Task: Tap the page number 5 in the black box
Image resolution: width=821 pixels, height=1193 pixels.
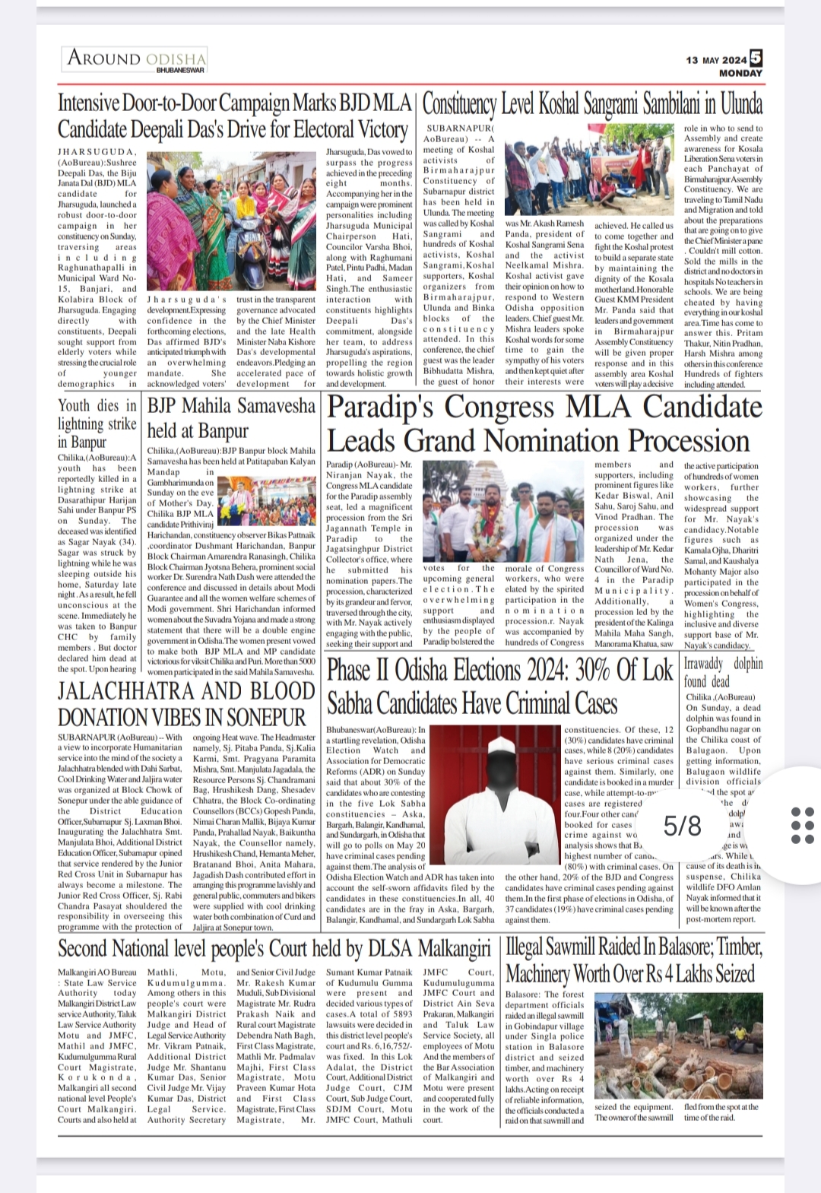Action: pyautogui.click(x=756, y=57)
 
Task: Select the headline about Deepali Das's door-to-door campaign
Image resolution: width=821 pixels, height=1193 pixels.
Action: pyautogui.click(x=235, y=116)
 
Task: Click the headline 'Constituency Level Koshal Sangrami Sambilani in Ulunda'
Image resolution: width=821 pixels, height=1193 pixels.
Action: pyautogui.click(x=592, y=104)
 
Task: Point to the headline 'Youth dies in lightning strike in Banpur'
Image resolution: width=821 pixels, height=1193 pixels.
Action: pyautogui.click(x=97, y=424)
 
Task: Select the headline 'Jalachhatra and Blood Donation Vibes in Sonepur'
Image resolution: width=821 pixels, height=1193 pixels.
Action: pyautogui.click(x=186, y=703)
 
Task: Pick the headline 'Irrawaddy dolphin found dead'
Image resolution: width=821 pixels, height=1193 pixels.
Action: pyautogui.click(x=723, y=671)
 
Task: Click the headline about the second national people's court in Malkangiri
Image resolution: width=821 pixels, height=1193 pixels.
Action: pyautogui.click(x=274, y=948)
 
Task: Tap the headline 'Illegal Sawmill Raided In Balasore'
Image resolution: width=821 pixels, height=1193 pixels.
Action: pyautogui.click(x=633, y=960)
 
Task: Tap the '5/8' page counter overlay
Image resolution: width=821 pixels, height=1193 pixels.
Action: pyautogui.click(x=682, y=825)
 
